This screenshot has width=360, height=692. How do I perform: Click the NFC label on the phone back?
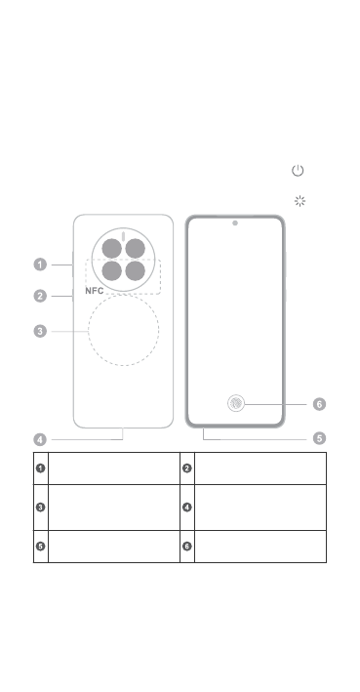pyautogui.click(x=95, y=291)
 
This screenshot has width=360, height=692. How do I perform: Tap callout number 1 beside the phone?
pyautogui.click(x=40, y=265)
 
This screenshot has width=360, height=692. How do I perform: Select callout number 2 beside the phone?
pyautogui.click(x=40, y=296)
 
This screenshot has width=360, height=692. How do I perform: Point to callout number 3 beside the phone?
pyautogui.click(x=40, y=331)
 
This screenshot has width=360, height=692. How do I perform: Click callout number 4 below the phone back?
pyautogui.click(x=40, y=439)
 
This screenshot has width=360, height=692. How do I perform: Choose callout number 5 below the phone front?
pyautogui.click(x=319, y=438)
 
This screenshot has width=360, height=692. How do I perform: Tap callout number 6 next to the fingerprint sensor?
pyautogui.click(x=319, y=404)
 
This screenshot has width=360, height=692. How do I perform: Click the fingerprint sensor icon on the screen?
pyautogui.click(x=236, y=403)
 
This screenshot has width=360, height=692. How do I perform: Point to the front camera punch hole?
pyautogui.click(x=235, y=223)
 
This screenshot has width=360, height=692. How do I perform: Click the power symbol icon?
pyautogui.click(x=298, y=171)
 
